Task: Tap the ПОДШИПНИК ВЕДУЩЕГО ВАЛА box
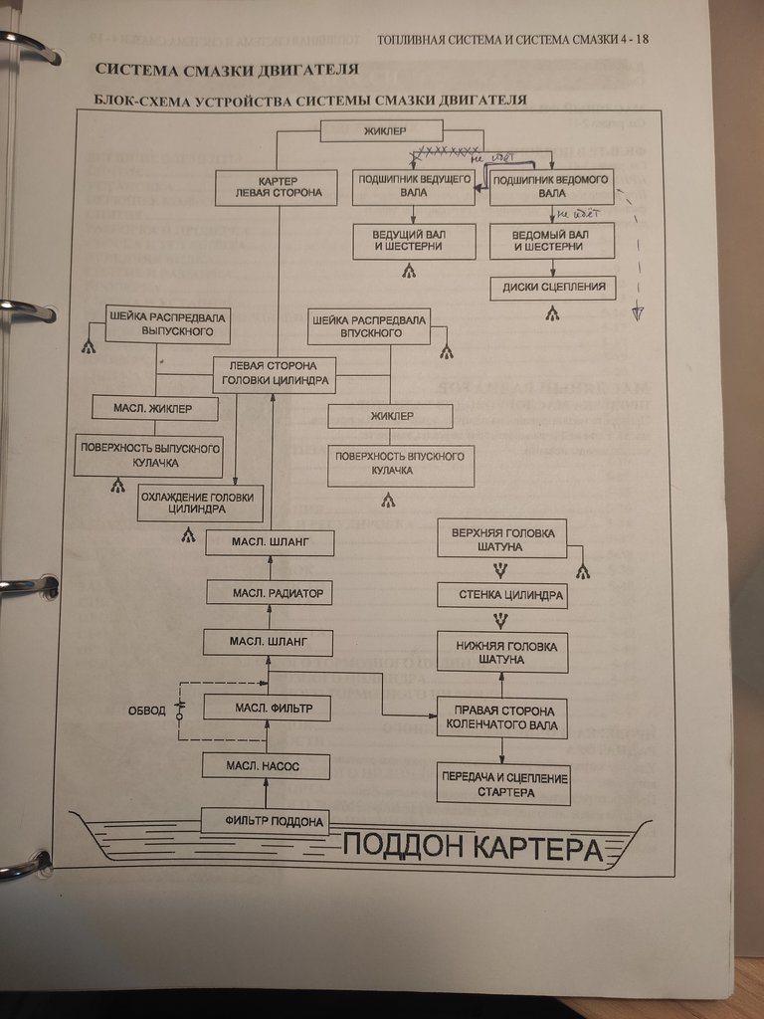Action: (413, 186)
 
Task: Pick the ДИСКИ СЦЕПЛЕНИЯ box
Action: (553, 289)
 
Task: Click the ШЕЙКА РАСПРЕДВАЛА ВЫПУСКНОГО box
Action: (167, 324)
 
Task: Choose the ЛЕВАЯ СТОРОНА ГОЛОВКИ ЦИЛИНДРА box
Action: (273, 374)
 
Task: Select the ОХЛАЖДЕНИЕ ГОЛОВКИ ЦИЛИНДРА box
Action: (199, 504)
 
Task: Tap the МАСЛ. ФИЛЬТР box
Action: (267, 709)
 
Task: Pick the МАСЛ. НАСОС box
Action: (266, 765)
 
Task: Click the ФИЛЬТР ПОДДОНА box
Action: (265, 820)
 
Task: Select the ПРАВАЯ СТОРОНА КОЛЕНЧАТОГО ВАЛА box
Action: (502, 717)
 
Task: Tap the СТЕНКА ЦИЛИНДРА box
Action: (502, 596)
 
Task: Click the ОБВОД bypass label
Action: (146, 711)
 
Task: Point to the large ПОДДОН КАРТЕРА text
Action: (474, 849)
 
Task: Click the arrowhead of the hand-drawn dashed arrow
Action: (638, 313)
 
